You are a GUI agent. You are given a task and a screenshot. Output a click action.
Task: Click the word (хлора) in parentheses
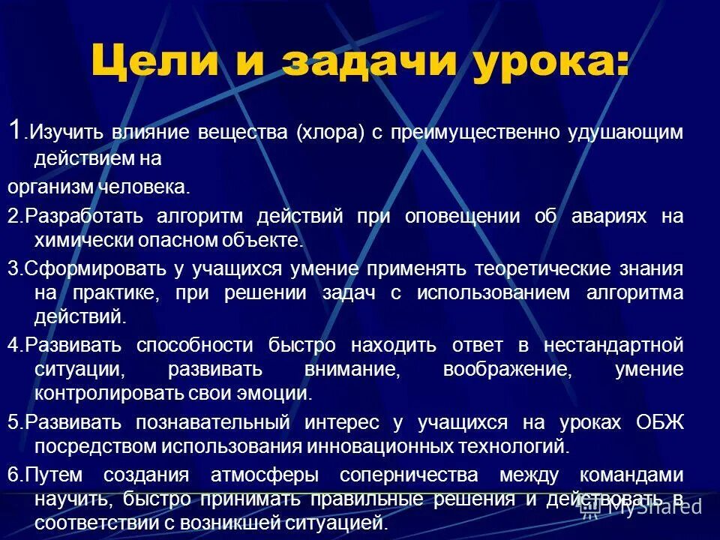(328, 133)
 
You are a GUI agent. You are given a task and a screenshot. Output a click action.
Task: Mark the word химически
(76, 240)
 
